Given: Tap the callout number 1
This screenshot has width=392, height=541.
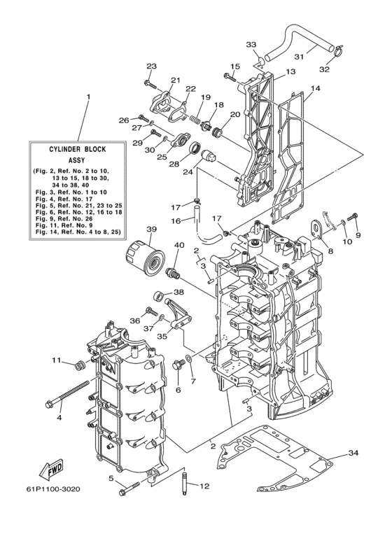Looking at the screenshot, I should click(88, 96).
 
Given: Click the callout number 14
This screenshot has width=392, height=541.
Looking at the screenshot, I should click(316, 89).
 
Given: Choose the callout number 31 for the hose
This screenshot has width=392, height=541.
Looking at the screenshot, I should click(298, 57).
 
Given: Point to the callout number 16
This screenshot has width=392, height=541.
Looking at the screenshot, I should click(178, 220).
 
